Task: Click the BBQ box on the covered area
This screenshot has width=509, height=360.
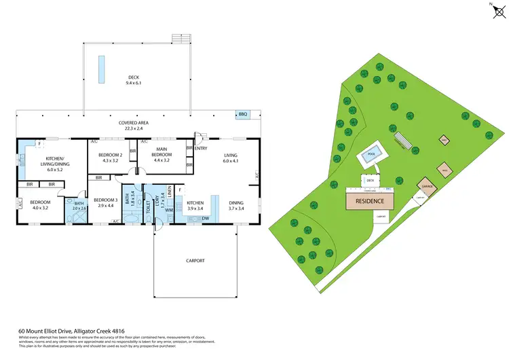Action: click(x=242, y=115)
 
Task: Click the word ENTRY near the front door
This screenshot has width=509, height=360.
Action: click(x=202, y=147)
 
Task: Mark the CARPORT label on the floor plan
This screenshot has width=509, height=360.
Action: click(x=195, y=260)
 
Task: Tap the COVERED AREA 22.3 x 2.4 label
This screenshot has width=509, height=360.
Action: click(x=134, y=126)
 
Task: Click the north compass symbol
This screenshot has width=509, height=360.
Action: click(x=493, y=9)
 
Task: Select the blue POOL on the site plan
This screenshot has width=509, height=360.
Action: click(x=371, y=155)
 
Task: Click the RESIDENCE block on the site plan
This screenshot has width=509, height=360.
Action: click(x=371, y=201)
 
